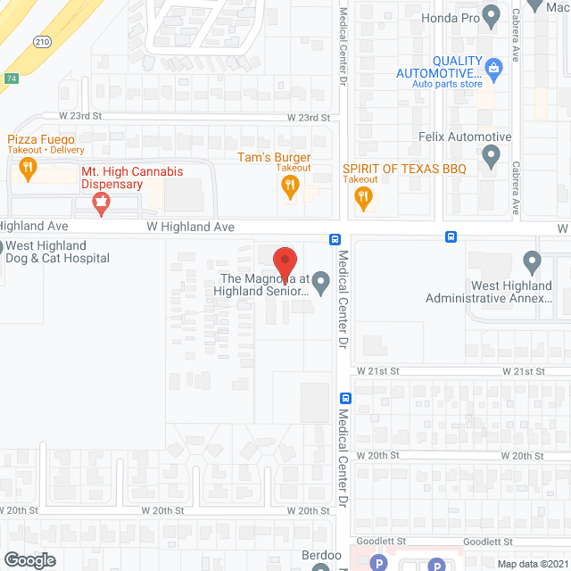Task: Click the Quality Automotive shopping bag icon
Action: (x=492, y=66)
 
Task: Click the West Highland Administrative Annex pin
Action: (x=533, y=263)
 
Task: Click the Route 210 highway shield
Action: (x=43, y=42)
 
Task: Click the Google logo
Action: (x=29, y=559)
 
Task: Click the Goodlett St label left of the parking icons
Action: (x=382, y=542)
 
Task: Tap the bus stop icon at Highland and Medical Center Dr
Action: (x=334, y=238)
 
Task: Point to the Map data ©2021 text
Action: (x=533, y=564)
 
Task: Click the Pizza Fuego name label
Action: (x=41, y=139)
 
